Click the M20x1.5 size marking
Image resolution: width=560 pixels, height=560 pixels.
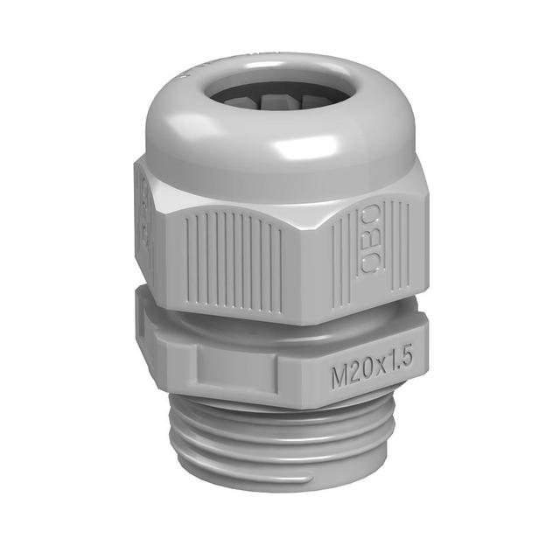click(371, 376)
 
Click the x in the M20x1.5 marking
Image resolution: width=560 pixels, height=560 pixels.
click(379, 376)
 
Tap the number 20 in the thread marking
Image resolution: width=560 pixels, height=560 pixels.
click(360, 377)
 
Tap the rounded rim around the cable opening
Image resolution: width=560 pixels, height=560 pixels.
click(262, 122)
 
